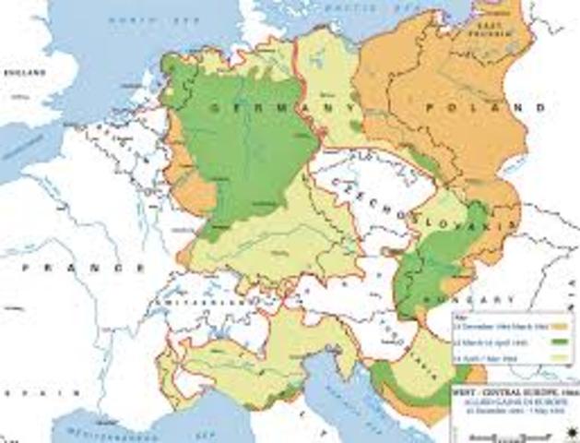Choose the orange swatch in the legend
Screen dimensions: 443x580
click(x=560, y=325)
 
